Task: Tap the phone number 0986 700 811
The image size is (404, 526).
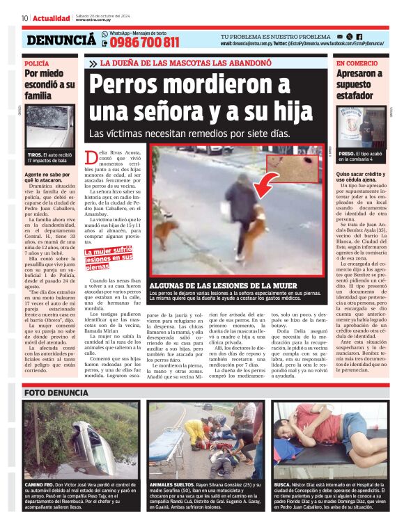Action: click(144, 42)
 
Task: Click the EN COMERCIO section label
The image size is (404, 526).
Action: click(357, 63)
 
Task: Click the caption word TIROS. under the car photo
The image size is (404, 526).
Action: click(35, 154)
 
